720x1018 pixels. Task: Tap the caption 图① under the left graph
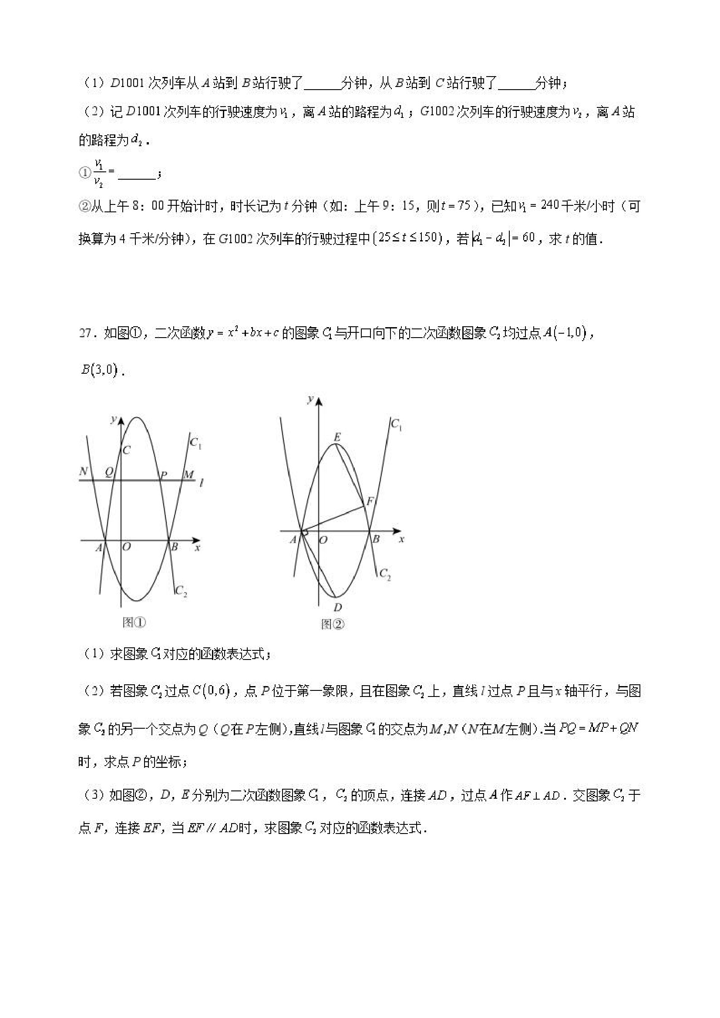[134, 623]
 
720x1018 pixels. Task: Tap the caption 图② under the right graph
[332, 624]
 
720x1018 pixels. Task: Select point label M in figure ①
[189, 475]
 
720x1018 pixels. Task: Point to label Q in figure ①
[108, 472]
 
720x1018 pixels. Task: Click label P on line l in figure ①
[163, 476]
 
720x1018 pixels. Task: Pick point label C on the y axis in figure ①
[126, 450]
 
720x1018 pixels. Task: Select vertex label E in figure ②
[337, 437]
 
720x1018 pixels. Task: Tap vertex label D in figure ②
[338, 607]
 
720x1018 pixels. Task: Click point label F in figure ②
[369, 502]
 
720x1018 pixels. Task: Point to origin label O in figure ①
[126, 547]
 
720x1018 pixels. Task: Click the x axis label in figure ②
[401, 539]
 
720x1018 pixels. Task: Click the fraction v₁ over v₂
[98, 173]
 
